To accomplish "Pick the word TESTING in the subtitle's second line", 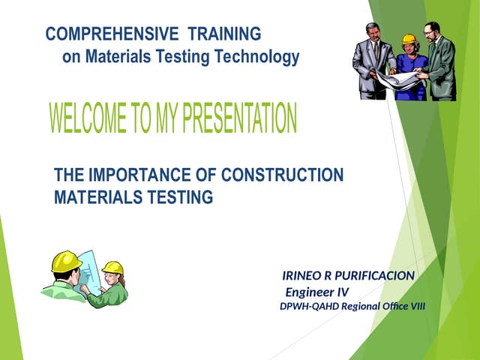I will pos(187,197).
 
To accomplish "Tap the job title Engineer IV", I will pos(317,292).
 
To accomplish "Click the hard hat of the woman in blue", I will pos(409,40).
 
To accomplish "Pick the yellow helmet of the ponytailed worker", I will pos(113,267).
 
